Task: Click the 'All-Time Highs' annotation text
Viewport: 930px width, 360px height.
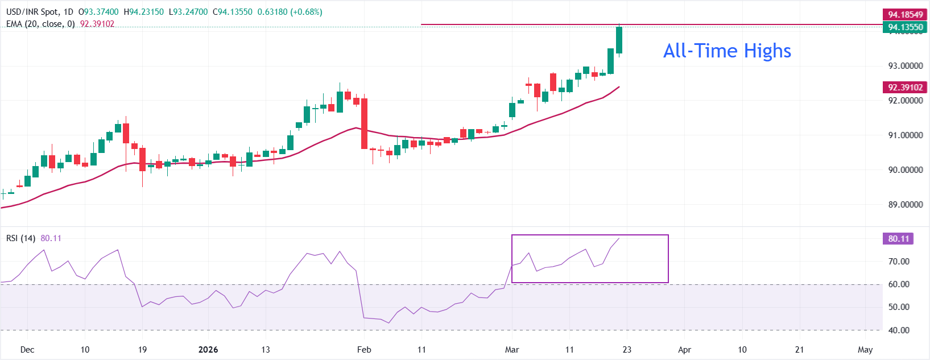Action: (x=727, y=51)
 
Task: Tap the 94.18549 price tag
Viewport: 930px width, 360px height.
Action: (x=905, y=15)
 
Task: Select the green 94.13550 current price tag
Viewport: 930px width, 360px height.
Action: (x=905, y=27)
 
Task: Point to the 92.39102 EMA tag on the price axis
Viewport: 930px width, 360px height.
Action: (x=905, y=88)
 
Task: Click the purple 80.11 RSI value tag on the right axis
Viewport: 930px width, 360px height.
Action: (x=898, y=239)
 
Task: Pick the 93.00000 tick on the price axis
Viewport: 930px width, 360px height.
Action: (x=905, y=66)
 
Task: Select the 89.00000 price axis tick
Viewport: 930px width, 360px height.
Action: (x=905, y=205)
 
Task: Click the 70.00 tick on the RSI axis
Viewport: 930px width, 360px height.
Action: (x=899, y=262)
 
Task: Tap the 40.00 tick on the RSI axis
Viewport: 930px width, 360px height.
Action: (x=899, y=330)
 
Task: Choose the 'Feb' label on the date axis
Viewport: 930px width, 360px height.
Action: (x=364, y=350)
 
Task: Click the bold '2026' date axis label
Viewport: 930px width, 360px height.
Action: (x=208, y=350)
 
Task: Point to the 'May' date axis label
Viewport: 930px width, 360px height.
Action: (x=865, y=350)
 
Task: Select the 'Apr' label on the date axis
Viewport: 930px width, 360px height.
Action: (x=685, y=350)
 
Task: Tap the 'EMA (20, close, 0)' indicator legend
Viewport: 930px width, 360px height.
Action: (x=40, y=24)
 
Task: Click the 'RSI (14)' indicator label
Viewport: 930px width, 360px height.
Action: (x=20, y=238)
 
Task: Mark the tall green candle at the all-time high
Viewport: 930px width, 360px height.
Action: (x=619, y=40)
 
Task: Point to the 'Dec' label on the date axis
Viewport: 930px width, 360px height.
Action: (x=27, y=350)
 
